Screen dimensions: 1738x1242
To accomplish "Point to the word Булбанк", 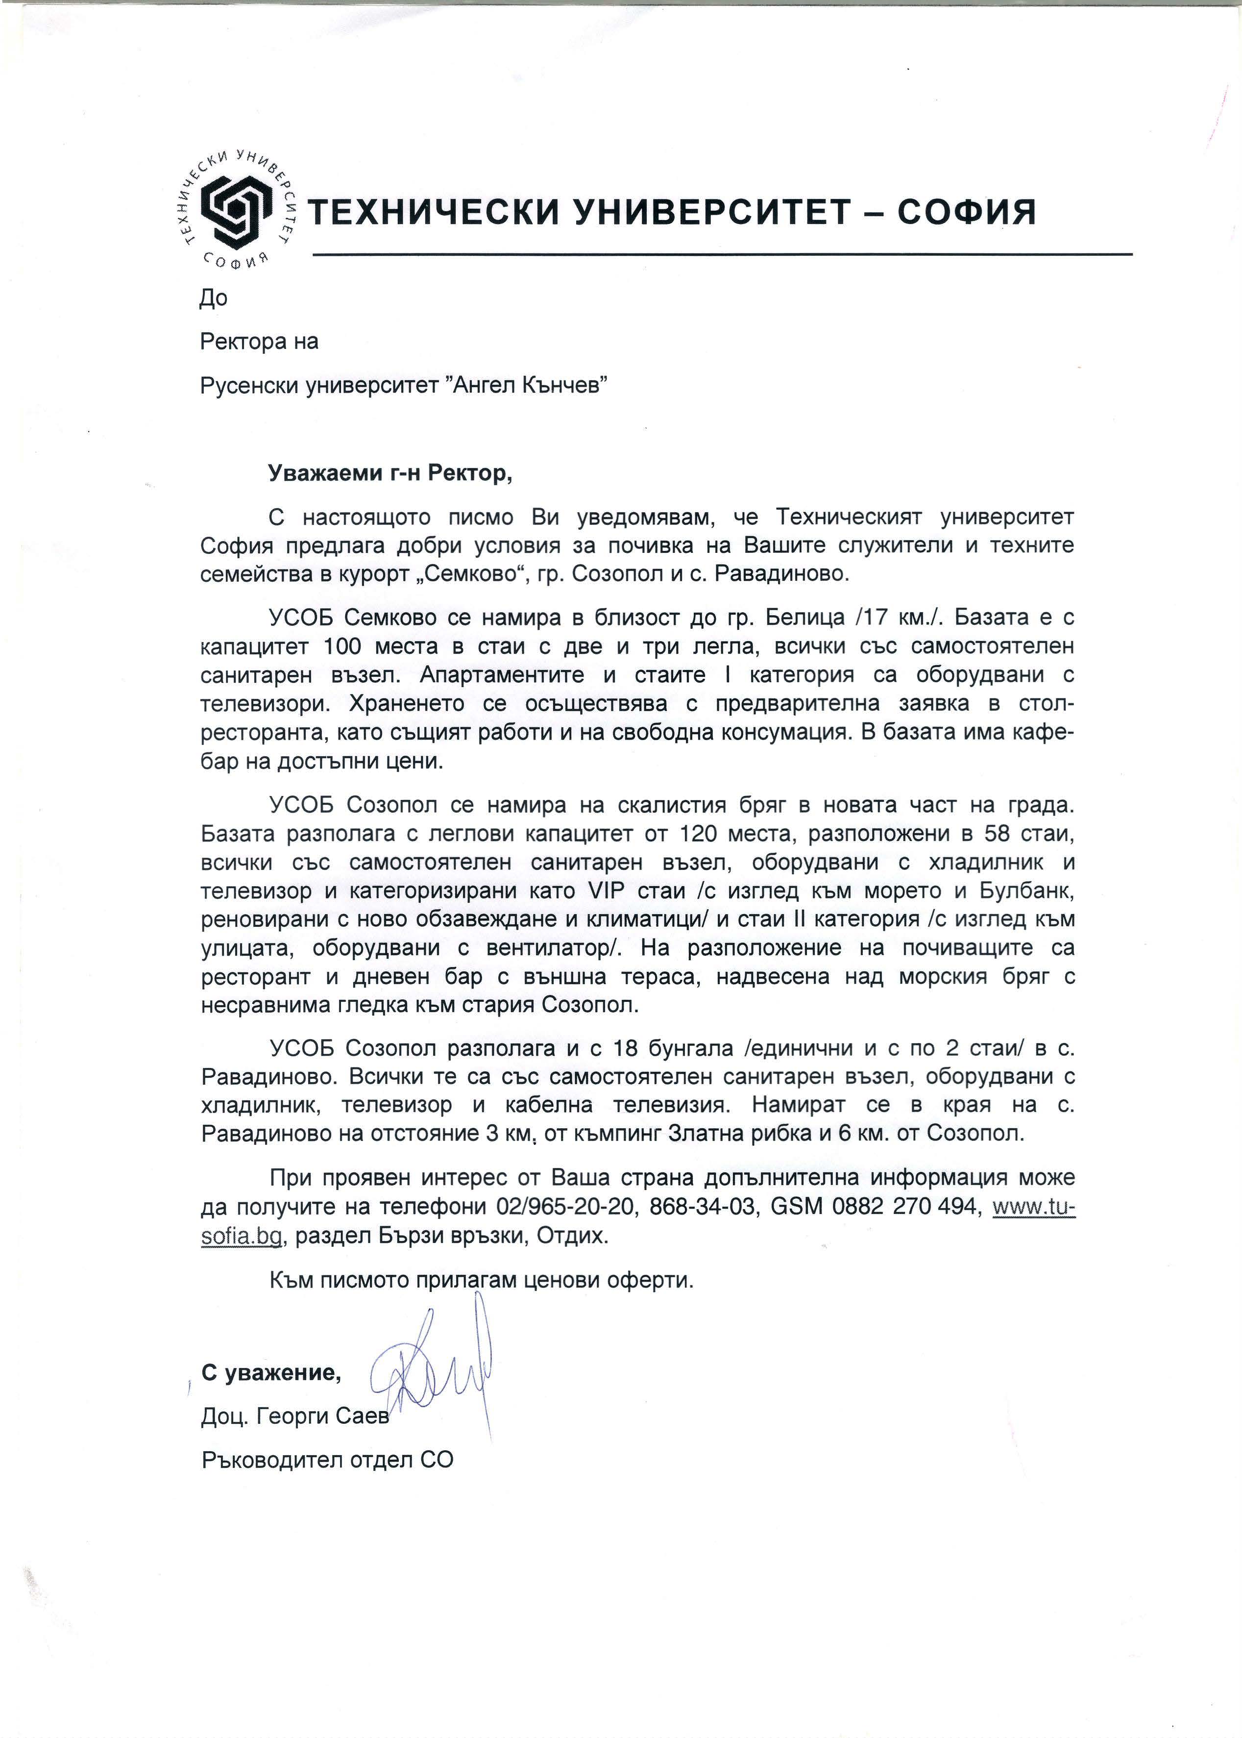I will click(x=1025, y=891).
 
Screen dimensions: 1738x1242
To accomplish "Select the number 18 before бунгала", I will click(x=623, y=1048).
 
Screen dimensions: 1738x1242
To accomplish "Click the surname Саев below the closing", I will click(x=363, y=1416).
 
